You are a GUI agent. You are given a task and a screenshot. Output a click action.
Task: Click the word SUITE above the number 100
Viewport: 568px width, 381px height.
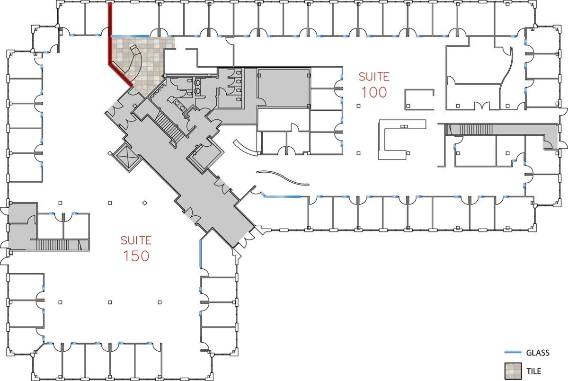[374, 77]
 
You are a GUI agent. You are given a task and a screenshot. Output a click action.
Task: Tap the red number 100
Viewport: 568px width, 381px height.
[374, 92]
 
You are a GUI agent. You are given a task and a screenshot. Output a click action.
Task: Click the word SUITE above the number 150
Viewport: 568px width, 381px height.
[136, 240]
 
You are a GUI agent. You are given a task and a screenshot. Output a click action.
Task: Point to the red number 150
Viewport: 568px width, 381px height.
[136, 256]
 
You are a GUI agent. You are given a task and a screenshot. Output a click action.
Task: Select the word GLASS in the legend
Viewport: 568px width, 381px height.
[538, 353]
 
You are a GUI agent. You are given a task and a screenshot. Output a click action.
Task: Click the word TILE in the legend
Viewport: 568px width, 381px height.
[534, 371]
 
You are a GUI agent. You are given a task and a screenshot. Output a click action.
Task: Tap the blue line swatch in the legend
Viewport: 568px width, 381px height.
[513, 352]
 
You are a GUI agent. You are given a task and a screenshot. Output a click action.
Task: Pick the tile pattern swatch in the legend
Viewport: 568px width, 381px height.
[513, 371]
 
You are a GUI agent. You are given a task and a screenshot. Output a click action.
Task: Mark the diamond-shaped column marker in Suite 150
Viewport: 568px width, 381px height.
[144, 203]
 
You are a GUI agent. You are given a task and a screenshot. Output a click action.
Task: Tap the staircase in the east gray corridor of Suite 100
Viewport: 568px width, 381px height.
[476, 129]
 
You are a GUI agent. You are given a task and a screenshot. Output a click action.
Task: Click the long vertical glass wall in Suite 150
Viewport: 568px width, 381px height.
[200, 253]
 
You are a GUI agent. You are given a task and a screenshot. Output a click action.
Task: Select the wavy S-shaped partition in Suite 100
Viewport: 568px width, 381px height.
[283, 177]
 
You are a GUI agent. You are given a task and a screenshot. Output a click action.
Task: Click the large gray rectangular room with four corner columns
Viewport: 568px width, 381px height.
[284, 88]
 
